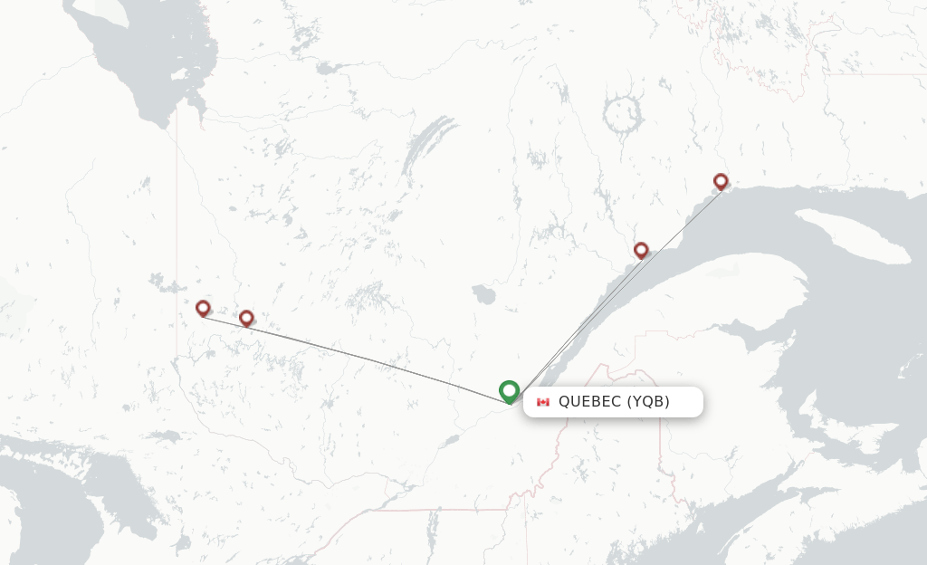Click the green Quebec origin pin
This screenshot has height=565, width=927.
[x=509, y=391]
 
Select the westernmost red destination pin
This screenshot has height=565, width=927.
[x=203, y=309]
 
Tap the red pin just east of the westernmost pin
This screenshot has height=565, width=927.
[x=246, y=318]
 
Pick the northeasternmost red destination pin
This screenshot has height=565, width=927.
[x=721, y=182]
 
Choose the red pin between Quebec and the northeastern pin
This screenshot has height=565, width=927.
[x=641, y=250]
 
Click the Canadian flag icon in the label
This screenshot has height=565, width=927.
[x=543, y=402]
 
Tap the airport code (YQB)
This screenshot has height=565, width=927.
[x=648, y=402]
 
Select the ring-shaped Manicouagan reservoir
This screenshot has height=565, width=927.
[x=622, y=113]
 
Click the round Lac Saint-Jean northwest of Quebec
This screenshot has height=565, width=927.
[x=483, y=294]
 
